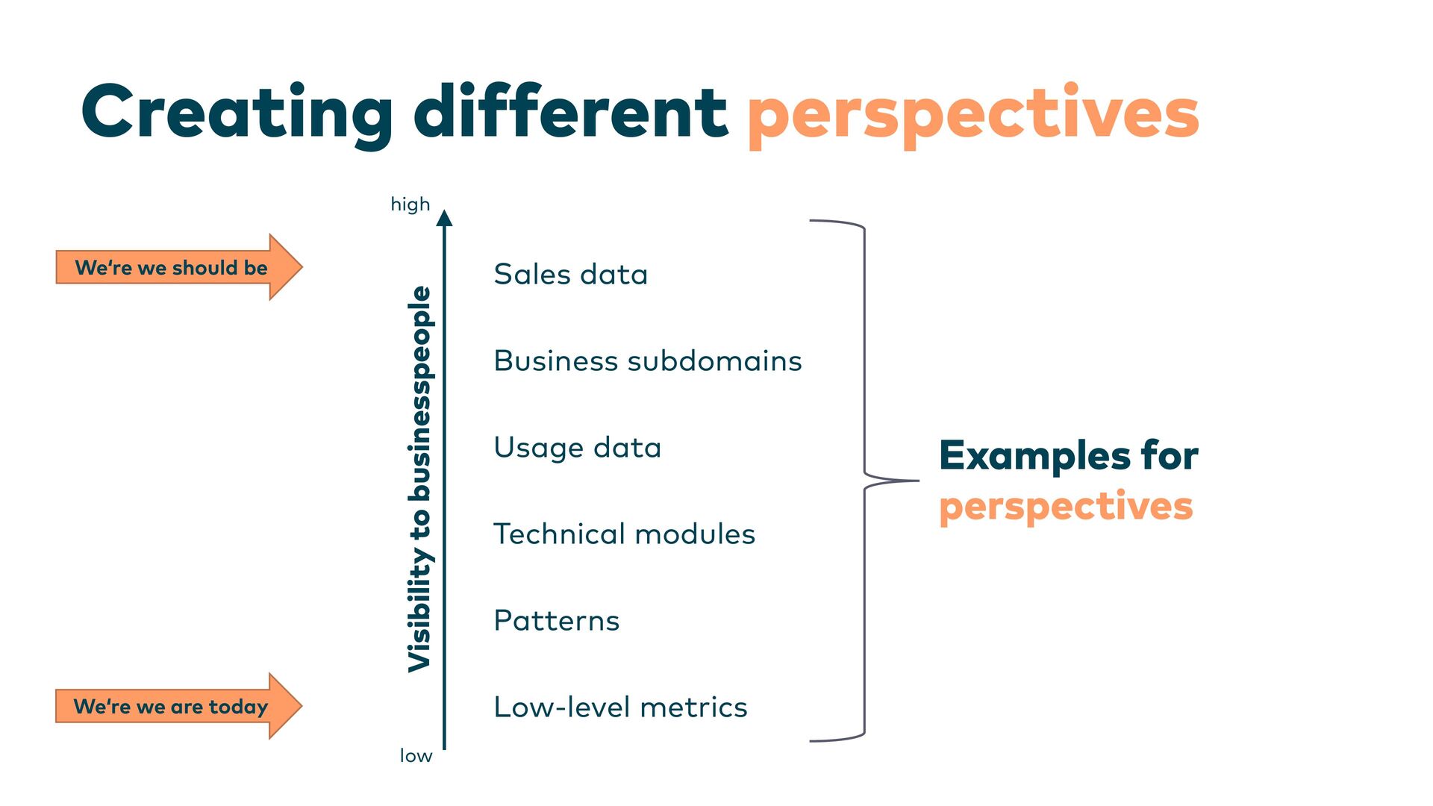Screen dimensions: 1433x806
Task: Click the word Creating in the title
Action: pyautogui.click(x=237, y=113)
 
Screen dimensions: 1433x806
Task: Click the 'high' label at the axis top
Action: pyautogui.click(x=410, y=204)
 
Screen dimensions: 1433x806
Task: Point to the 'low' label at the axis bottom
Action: pyautogui.click(x=416, y=756)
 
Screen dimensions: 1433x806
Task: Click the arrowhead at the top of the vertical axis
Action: pyautogui.click(x=445, y=218)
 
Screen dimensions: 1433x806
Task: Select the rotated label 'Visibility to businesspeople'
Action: pyautogui.click(x=419, y=479)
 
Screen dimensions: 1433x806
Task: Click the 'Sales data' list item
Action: pyautogui.click(x=571, y=275)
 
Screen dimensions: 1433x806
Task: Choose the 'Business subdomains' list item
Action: pyautogui.click(x=648, y=361)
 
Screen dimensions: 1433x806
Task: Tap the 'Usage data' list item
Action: pyautogui.click(x=578, y=448)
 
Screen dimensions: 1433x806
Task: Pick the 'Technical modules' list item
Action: pyautogui.click(x=625, y=534)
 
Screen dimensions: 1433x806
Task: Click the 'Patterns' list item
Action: pyautogui.click(x=557, y=621)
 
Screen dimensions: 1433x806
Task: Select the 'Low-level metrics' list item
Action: pyautogui.click(x=620, y=707)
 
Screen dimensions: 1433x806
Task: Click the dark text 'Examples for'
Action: pyautogui.click(x=1069, y=455)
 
